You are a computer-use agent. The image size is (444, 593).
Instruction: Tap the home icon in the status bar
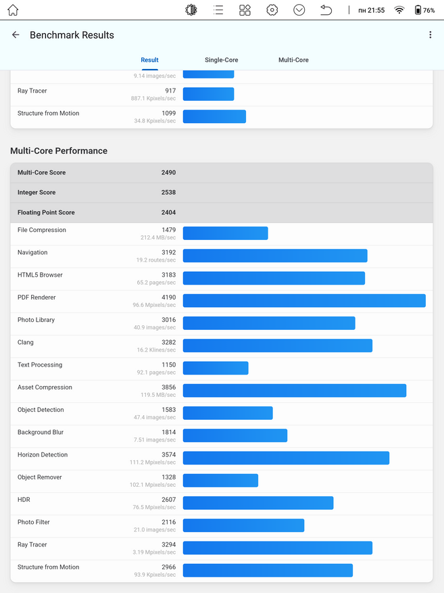pos(13,10)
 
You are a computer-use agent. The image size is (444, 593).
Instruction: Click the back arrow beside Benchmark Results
pos(16,34)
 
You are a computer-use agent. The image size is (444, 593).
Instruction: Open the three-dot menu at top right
pos(430,34)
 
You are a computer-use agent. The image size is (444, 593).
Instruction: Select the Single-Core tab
pos(222,60)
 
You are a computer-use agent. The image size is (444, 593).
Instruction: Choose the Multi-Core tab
pos(293,60)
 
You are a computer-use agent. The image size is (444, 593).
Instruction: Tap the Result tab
pos(149,60)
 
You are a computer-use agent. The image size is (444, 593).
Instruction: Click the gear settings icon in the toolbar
pos(272,10)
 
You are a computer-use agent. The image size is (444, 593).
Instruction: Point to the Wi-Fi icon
pos(399,10)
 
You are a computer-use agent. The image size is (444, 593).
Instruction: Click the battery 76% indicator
pos(424,10)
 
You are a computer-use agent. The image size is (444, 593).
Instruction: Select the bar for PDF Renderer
pos(304,301)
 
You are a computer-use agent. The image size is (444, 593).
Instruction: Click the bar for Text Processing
pos(216,368)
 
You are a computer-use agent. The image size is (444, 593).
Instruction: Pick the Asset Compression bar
pos(295,391)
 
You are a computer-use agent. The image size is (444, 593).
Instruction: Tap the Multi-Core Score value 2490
pos(168,172)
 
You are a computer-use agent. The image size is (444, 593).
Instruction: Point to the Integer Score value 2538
pos(168,193)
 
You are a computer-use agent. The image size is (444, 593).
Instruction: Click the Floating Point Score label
pos(46,212)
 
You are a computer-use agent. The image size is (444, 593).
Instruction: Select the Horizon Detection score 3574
pos(168,454)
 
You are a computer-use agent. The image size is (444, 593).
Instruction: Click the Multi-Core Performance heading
pos(59,151)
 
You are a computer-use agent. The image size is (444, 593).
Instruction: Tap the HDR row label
pos(24,500)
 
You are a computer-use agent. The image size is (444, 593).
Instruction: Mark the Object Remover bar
pos(221,480)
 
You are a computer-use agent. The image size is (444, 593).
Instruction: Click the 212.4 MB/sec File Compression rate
pos(158,237)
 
